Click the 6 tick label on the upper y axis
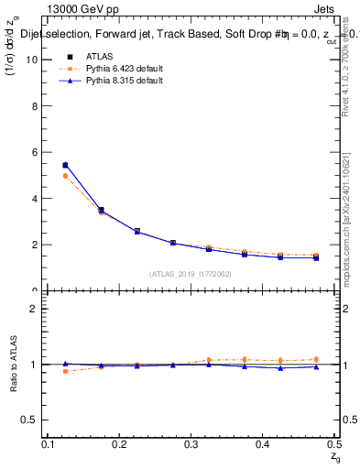[x=38, y=152]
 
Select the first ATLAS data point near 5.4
[x=65, y=165]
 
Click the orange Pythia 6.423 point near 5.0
[x=65, y=176]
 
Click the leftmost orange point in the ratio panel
[x=65, y=371]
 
